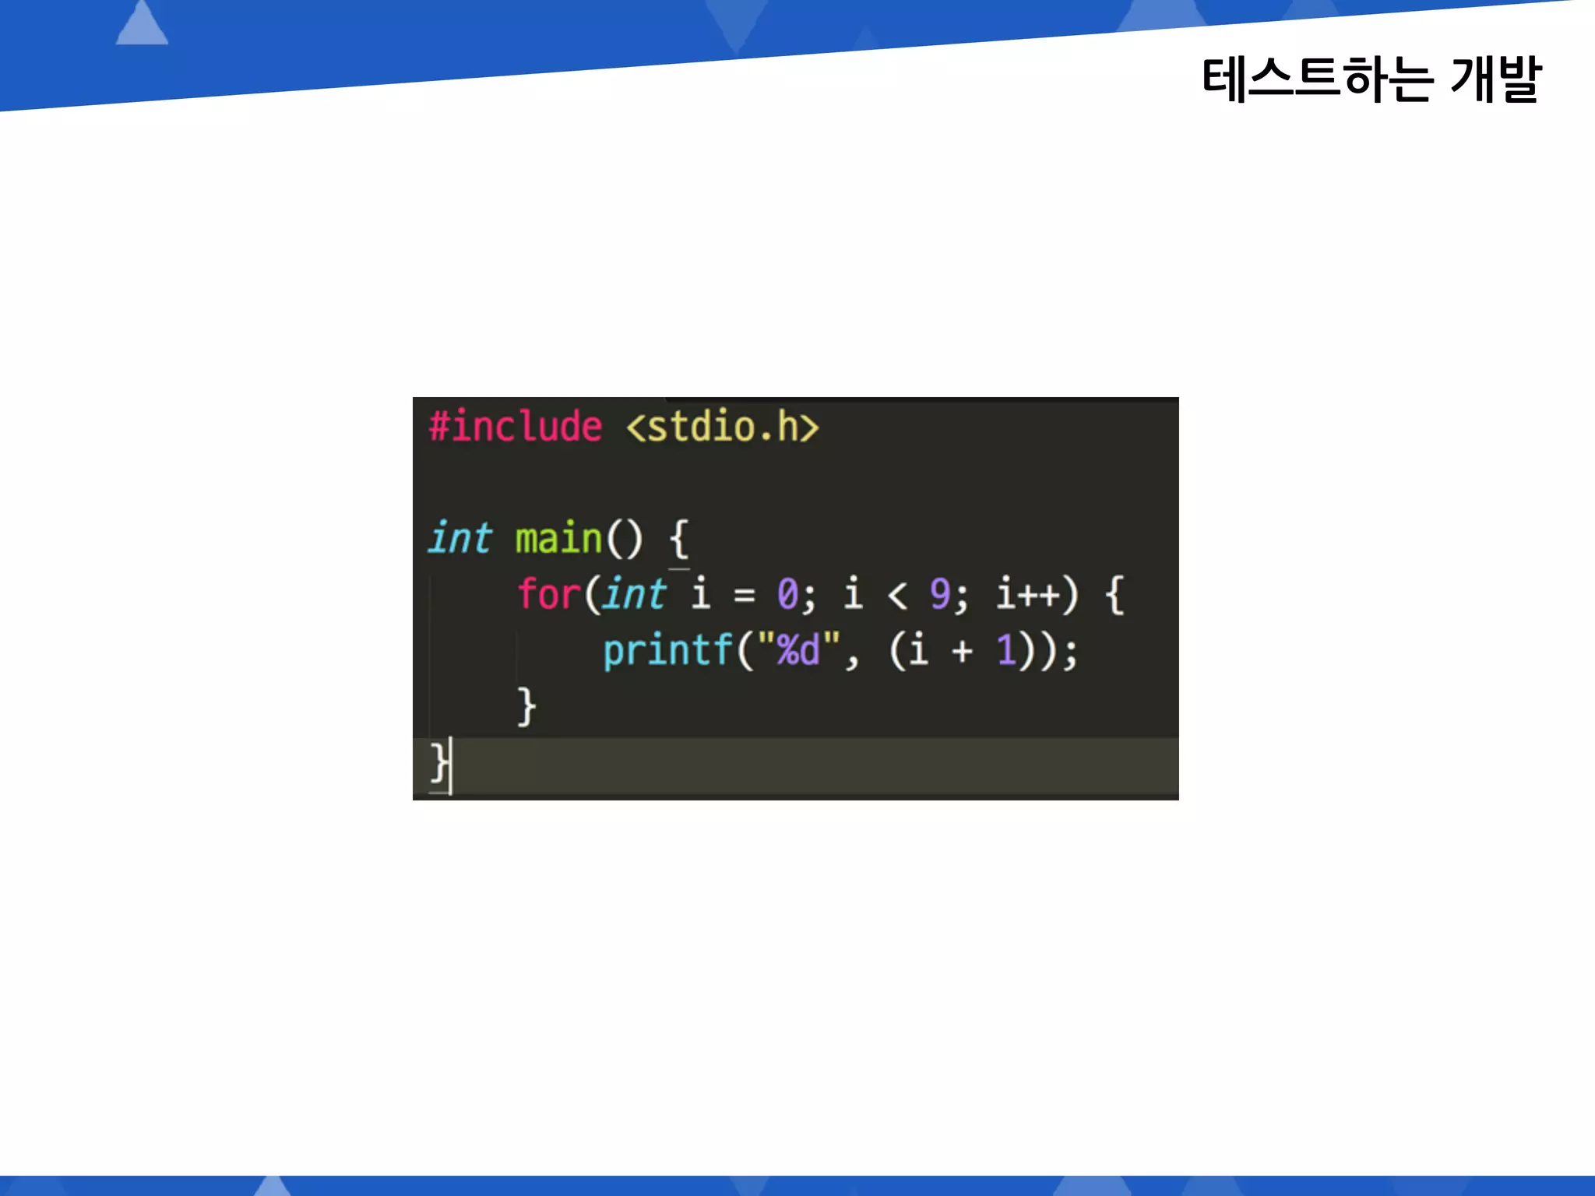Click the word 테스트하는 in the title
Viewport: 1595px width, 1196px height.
(1317, 79)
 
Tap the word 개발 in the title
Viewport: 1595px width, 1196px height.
(1495, 79)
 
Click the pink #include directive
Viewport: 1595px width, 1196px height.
(516, 427)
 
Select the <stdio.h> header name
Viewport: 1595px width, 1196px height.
(723, 427)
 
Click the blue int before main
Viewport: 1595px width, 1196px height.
(460, 538)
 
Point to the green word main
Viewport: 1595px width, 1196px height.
(558, 539)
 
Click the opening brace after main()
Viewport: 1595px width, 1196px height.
(678, 539)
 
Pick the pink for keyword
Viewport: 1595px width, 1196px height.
(549, 594)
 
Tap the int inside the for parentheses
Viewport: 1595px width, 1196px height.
(635, 594)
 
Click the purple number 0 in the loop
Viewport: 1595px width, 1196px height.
(787, 594)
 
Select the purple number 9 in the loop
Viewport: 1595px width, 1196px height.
(940, 594)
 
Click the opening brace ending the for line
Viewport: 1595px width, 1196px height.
(1114, 594)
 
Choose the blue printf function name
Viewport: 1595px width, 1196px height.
(668, 650)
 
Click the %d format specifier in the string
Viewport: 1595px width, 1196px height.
(798, 650)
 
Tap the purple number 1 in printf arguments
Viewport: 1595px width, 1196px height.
(1006, 650)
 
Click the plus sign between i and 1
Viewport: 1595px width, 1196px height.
(963, 651)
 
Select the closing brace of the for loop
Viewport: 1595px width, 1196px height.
(527, 706)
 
